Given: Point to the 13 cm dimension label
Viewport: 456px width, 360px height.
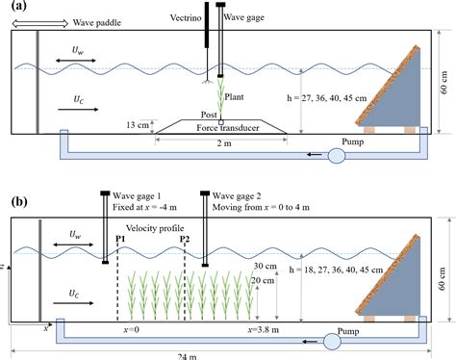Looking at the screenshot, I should pos(139,124).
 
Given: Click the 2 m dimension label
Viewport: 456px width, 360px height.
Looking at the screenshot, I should pos(222,143).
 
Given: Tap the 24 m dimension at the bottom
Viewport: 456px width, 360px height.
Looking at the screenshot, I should pos(228,355).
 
